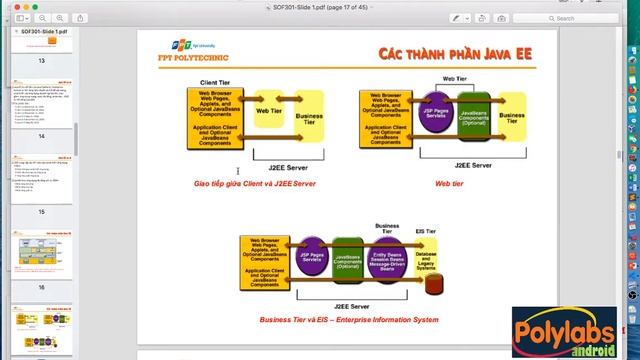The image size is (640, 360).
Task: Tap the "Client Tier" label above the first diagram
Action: pyautogui.click(x=216, y=82)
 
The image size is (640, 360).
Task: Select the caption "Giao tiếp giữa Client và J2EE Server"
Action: pyautogui.click(x=255, y=183)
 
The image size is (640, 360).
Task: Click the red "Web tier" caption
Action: pyautogui.click(x=448, y=183)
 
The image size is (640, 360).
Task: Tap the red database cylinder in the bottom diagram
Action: pyautogui.click(x=434, y=284)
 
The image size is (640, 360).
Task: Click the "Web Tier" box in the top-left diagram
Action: pyautogui.click(x=269, y=111)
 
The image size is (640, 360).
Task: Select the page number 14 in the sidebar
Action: pyautogui.click(x=41, y=136)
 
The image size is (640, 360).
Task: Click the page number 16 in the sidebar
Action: pyautogui.click(x=41, y=287)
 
